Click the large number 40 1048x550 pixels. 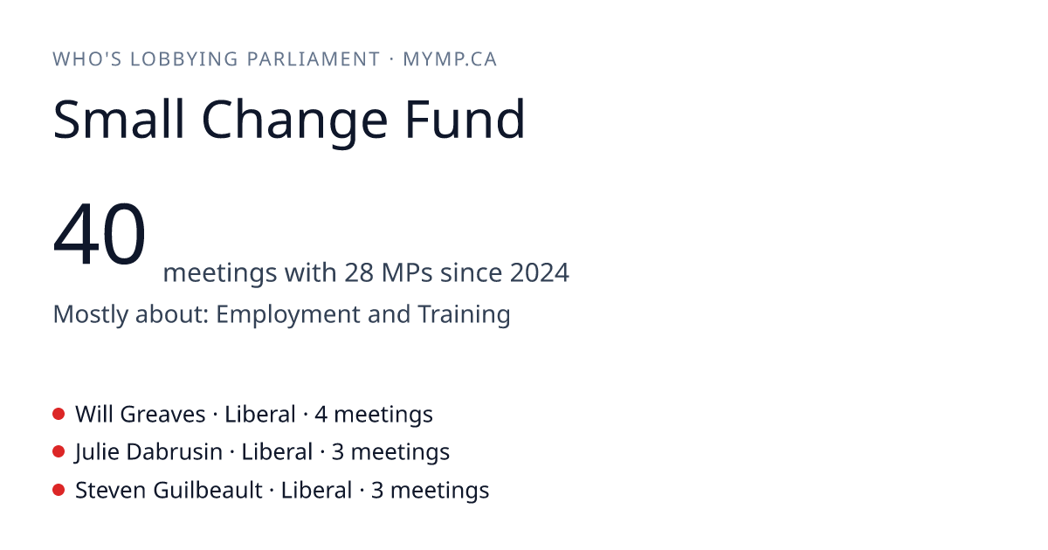click(x=100, y=233)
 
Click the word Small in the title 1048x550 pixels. click(x=119, y=120)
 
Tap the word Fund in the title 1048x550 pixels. click(x=465, y=120)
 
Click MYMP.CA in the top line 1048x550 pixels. click(x=450, y=59)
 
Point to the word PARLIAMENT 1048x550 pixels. click(x=313, y=59)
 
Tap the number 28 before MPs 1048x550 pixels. click(x=359, y=272)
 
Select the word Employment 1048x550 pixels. click(x=287, y=315)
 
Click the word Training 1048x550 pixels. click(x=464, y=315)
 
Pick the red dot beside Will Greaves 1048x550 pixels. click(x=59, y=414)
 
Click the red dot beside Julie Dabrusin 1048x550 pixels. click(x=59, y=452)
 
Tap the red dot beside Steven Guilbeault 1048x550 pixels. click(x=59, y=490)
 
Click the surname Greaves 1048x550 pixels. click(x=162, y=415)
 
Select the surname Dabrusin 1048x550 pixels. click(x=174, y=452)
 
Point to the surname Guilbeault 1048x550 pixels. click(x=208, y=491)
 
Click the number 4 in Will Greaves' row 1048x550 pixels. click(x=321, y=415)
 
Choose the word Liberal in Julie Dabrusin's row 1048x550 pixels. click(x=277, y=452)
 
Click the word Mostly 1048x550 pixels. click(x=90, y=315)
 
